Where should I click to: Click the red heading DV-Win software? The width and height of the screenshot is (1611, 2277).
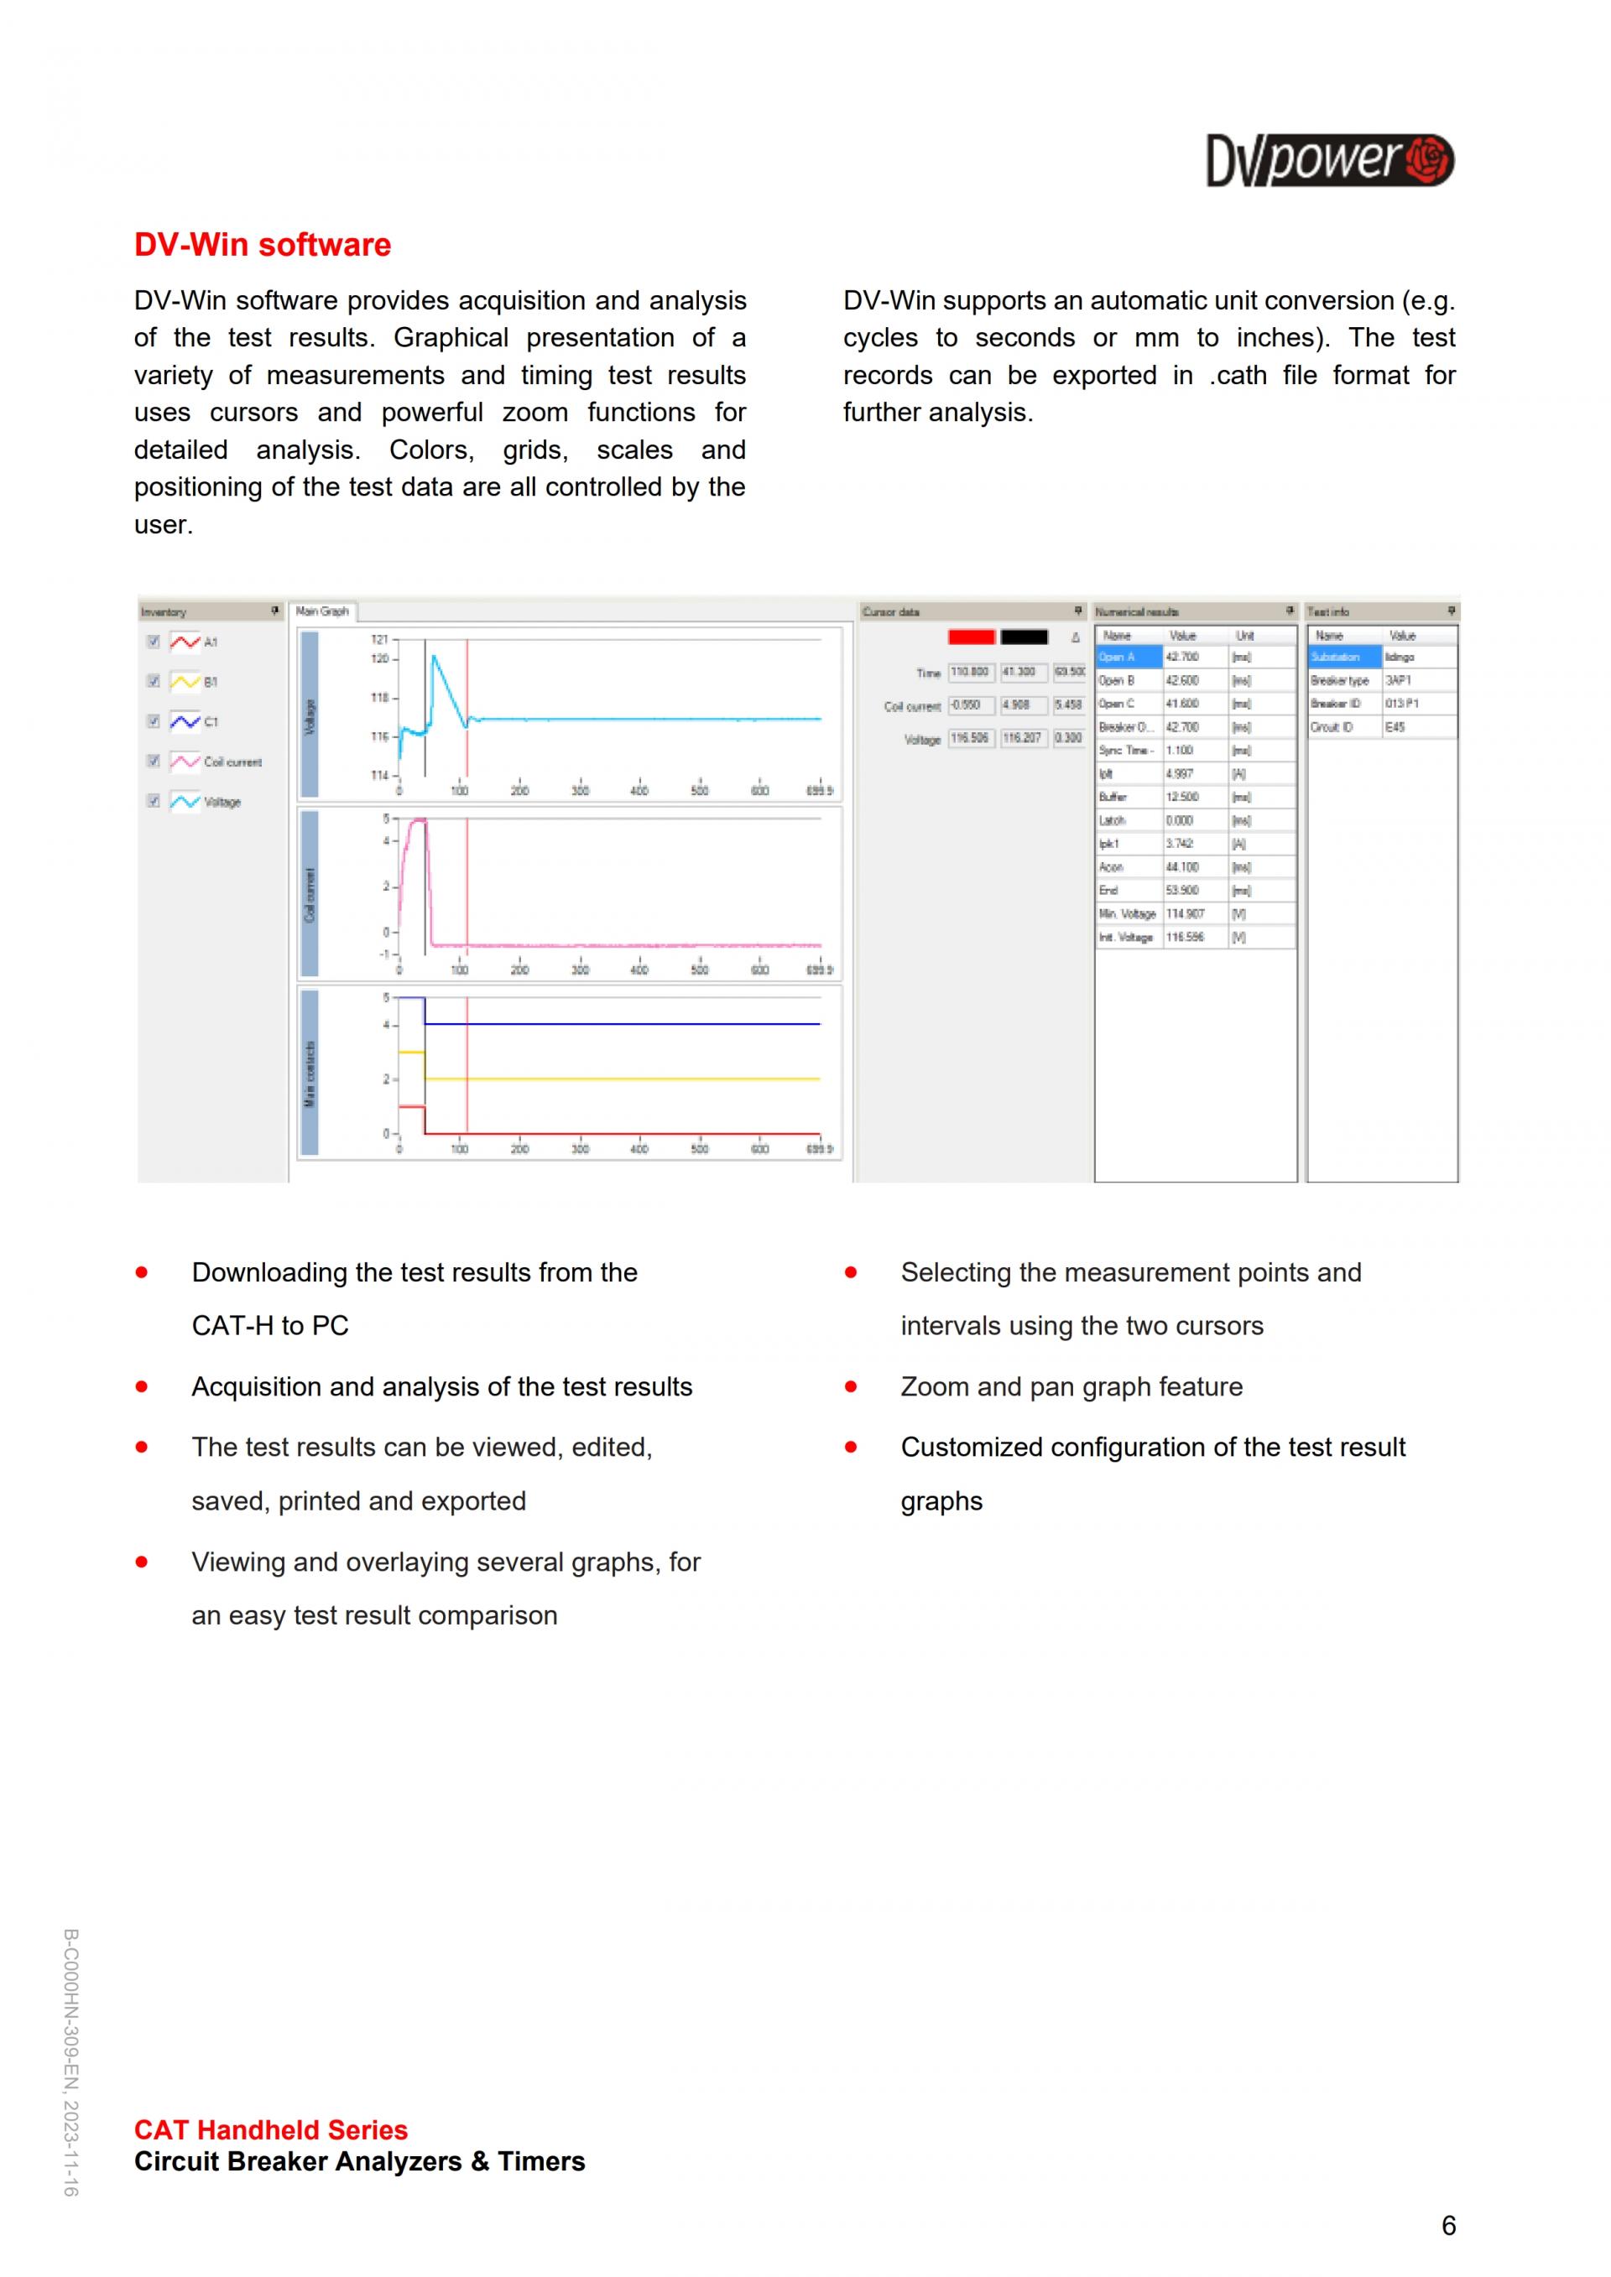[262, 245]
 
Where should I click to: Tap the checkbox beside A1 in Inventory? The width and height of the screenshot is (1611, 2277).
[154, 642]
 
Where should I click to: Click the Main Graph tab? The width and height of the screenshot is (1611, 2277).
[322, 611]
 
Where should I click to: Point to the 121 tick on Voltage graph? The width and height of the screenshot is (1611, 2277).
[380, 640]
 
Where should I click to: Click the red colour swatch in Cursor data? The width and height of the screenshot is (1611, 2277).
[971, 637]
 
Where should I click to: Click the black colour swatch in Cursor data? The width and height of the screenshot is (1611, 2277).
[1024, 637]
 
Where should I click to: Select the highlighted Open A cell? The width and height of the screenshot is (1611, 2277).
[1128, 657]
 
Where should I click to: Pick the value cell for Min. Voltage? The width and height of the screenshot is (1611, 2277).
[1193, 913]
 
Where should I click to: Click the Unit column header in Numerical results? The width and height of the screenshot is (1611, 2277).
[1245, 635]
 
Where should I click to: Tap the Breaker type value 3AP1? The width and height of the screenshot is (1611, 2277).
[1399, 680]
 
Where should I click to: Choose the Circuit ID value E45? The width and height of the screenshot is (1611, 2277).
[1395, 727]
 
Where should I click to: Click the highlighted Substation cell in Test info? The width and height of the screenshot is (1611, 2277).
[1343, 657]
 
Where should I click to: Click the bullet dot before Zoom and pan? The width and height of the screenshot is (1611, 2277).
[850, 1386]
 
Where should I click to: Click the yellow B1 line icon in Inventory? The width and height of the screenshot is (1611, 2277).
[185, 681]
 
